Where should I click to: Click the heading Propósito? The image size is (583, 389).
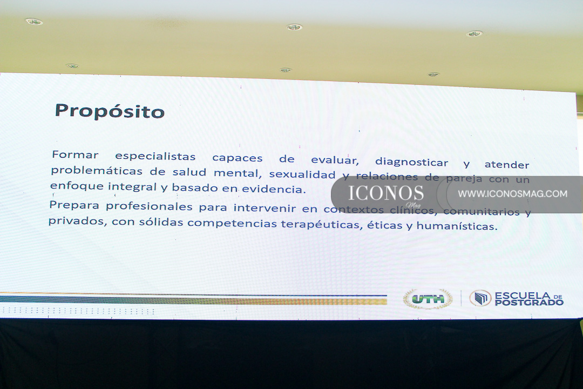coord(110,111)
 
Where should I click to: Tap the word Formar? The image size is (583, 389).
coord(75,155)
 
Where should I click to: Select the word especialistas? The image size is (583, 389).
coord(155,156)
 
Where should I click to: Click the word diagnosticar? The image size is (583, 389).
coord(411,162)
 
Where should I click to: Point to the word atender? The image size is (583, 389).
coord(507,165)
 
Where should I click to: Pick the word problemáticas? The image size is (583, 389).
coord(97,171)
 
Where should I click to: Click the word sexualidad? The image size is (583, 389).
coord(302,174)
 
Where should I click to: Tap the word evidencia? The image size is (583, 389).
coord(274,189)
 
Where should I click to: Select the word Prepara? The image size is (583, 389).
coord(74,205)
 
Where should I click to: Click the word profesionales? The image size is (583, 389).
coord(149,206)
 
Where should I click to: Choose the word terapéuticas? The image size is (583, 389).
coord(322,224)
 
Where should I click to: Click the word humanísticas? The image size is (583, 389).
coord(457,226)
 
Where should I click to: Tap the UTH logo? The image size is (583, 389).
coord(428,299)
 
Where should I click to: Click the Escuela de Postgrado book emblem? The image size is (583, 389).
coord(480,298)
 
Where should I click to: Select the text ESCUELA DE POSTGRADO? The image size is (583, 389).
coord(529,299)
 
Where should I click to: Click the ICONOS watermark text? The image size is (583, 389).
coord(386,193)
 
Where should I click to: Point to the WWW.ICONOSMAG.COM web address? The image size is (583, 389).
coord(513,193)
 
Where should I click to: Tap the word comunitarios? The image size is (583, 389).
coord(482,211)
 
